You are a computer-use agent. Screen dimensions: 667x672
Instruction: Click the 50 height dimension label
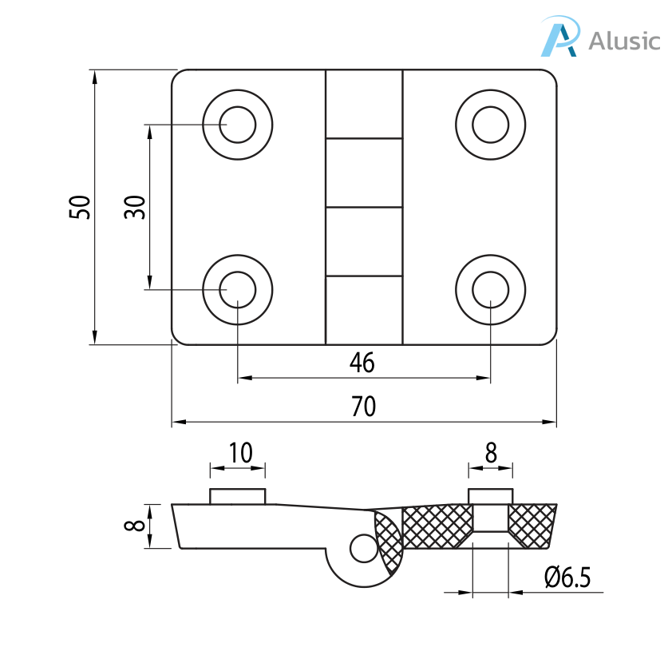pyautogui.click(x=81, y=207)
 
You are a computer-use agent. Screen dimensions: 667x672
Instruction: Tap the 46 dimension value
pyautogui.click(x=362, y=363)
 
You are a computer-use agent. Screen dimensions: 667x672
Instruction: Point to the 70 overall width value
pyautogui.click(x=363, y=407)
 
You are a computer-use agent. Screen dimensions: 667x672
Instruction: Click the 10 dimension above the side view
pyautogui.click(x=239, y=453)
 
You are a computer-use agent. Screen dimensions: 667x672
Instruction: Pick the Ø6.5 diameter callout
pyautogui.click(x=567, y=578)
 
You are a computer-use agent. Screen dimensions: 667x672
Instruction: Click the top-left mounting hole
pyautogui.click(x=238, y=125)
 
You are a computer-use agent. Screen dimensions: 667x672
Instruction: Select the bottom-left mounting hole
pyautogui.click(x=238, y=289)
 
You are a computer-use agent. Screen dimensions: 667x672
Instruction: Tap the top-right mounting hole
pyautogui.click(x=490, y=125)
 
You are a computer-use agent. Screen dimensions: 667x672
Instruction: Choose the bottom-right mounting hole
pyautogui.click(x=490, y=289)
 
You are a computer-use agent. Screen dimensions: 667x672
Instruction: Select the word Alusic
pyautogui.click(x=624, y=40)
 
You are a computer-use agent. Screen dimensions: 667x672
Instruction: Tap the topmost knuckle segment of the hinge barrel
pyautogui.click(x=363, y=104)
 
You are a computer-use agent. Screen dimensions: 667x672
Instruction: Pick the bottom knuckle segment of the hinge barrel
pyautogui.click(x=363, y=310)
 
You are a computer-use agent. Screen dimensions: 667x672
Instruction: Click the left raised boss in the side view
pyautogui.click(x=237, y=496)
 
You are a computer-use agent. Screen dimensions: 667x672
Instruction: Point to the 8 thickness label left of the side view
pyautogui.click(x=136, y=526)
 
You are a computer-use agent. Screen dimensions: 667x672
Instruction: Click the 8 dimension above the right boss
pyautogui.click(x=491, y=453)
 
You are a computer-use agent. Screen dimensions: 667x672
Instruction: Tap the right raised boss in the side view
pyautogui.click(x=490, y=495)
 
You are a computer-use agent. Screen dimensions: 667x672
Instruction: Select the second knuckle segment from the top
pyautogui.click(x=363, y=173)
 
